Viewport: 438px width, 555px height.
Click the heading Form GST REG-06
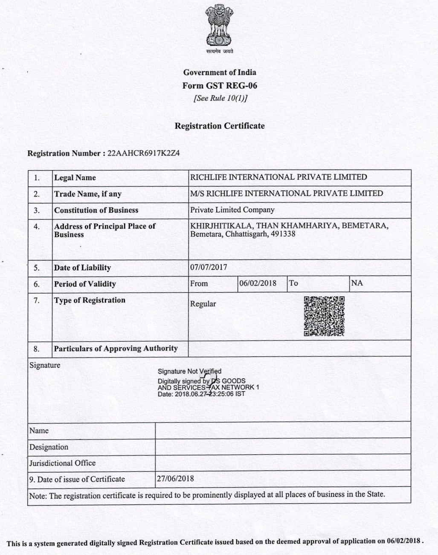click(220, 85)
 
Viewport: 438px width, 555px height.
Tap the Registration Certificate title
click(220, 126)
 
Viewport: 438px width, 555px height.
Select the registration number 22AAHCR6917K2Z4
click(144, 153)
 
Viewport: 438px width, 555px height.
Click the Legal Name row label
click(75, 178)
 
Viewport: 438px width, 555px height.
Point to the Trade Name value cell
click(287, 193)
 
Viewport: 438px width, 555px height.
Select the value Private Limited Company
click(232, 210)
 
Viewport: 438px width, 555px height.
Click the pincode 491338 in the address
click(283, 234)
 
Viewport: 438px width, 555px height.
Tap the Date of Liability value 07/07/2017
click(209, 267)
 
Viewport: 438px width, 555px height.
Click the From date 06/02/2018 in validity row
click(258, 283)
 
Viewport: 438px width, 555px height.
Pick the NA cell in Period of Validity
click(357, 283)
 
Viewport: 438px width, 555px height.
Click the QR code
click(324, 316)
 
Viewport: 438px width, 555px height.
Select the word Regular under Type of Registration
click(203, 304)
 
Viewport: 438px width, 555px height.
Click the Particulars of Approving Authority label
click(116, 349)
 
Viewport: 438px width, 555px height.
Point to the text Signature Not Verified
click(189, 372)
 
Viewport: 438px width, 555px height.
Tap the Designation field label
click(49, 447)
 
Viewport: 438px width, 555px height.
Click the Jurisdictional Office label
click(62, 463)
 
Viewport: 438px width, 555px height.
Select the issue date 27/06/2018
click(175, 479)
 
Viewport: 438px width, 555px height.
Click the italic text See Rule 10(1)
click(220, 99)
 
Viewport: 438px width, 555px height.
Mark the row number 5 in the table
click(37, 268)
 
